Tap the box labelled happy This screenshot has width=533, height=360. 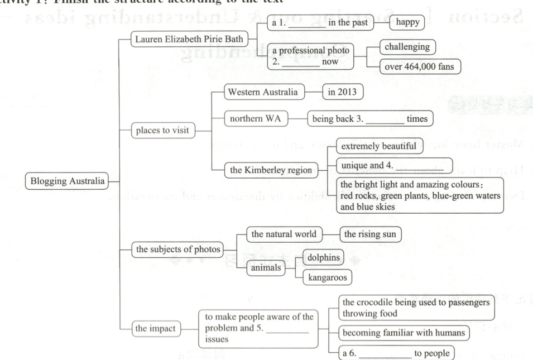point(407,22)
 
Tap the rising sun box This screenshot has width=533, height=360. point(369,234)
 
